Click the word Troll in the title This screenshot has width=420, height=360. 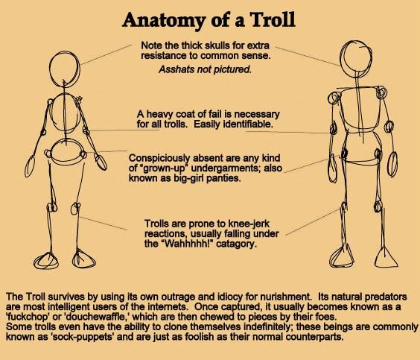point(273,19)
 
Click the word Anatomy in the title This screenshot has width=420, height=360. point(164,21)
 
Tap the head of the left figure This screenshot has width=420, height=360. point(65,69)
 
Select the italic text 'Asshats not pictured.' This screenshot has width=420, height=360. point(206,69)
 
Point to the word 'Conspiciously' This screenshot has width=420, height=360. point(159,159)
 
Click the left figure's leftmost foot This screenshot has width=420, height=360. point(46,261)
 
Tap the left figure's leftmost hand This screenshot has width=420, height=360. point(30,166)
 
